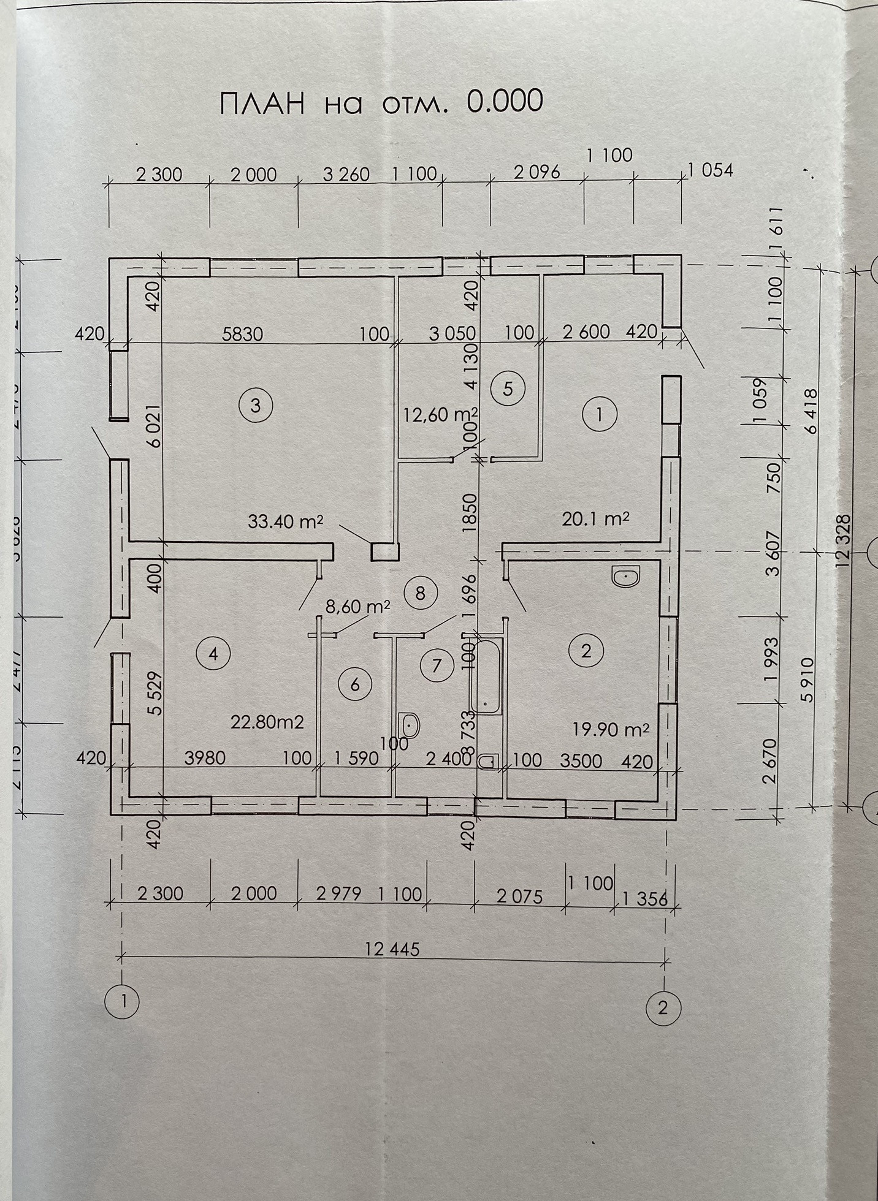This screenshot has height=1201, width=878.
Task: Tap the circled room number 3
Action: (256, 405)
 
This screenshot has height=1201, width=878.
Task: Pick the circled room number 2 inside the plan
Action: (586, 650)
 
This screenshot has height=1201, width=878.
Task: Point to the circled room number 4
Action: (213, 654)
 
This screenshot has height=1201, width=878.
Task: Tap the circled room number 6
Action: (355, 684)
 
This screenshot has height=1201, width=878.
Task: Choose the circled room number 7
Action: (437, 665)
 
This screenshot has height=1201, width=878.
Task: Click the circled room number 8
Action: (420, 593)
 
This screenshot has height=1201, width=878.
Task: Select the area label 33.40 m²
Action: (285, 522)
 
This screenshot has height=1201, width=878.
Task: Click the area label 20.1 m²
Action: (595, 520)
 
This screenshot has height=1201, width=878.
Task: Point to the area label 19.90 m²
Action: (611, 729)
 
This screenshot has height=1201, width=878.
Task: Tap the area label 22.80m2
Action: (267, 722)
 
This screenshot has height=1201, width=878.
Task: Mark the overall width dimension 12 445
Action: (392, 949)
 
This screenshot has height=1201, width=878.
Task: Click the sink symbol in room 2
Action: (626, 576)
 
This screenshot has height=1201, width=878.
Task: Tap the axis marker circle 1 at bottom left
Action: (122, 1001)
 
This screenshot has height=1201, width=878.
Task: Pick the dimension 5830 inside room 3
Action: (243, 333)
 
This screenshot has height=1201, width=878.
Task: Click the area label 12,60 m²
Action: (440, 415)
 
